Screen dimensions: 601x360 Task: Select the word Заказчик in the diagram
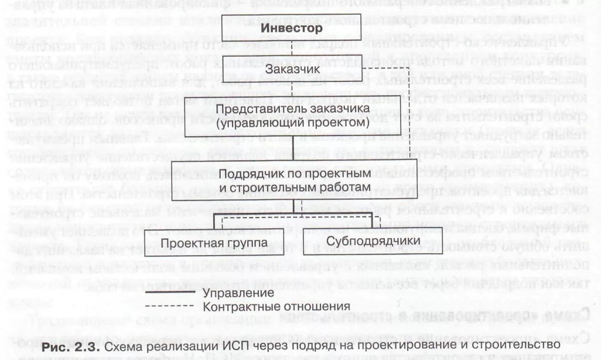coord(292,68)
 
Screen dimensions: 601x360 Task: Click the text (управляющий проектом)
coord(293,123)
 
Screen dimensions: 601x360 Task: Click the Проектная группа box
coord(214,242)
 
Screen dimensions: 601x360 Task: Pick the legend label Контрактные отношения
coord(277,307)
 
